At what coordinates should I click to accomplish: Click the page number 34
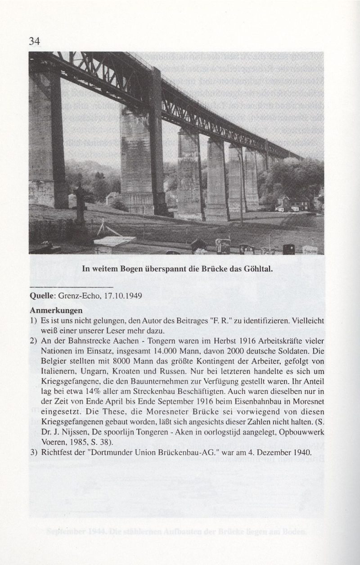(x=35, y=42)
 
